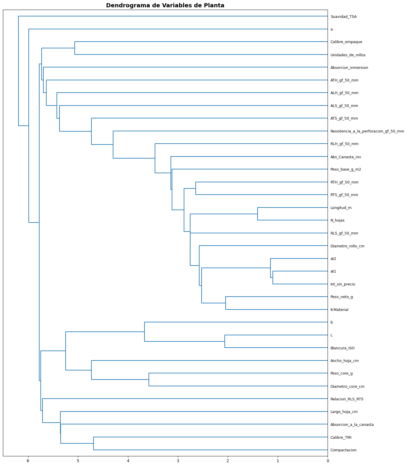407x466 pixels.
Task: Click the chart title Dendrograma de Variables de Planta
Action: (165, 6)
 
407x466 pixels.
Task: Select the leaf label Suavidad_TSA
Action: (343, 17)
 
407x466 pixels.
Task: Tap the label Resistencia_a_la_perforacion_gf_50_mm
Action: (367, 131)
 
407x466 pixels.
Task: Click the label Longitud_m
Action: (341, 208)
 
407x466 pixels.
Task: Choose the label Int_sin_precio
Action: (343, 284)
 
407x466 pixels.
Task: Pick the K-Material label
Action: (339, 310)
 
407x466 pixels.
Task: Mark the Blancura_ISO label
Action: (342, 348)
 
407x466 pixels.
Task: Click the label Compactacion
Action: (343, 450)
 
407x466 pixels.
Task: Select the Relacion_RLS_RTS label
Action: (347, 399)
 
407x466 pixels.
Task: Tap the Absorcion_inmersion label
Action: (349, 68)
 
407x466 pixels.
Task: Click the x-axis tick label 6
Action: (28, 461)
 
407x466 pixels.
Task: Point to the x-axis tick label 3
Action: (178, 461)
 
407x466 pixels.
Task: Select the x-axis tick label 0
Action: (328, 461)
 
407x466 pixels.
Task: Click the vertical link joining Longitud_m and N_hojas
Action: (258, 214)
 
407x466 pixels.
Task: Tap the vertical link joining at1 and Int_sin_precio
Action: (273, 278)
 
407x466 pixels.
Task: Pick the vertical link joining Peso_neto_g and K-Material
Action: (226, 303)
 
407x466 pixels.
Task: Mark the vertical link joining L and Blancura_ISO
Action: (225, 341)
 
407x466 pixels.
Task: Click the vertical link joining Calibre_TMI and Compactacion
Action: (93, 443)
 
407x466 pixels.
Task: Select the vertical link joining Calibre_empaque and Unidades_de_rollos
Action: (75, 48)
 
